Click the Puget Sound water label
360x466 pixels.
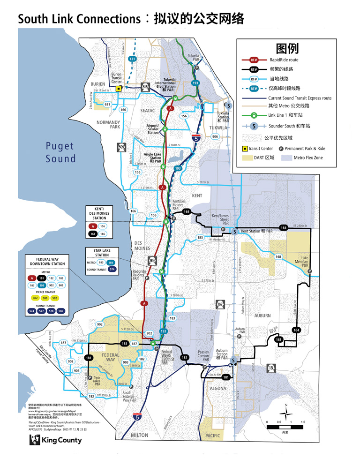point(60,152)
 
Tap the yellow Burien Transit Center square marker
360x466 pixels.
point(119,88)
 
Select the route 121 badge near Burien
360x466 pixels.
point(132,59)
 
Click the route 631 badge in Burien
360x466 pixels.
point(107,104)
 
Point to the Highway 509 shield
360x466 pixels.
point(121,147)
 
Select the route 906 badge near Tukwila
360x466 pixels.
point(215,136)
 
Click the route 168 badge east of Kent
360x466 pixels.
point(278,256)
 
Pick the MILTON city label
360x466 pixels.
point(139,435)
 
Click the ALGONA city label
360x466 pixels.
point(218,389)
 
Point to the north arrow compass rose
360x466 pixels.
point(286,412)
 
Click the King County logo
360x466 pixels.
point(55,440)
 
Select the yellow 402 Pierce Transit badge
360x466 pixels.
point(35,298)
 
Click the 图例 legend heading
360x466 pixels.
point(287,49)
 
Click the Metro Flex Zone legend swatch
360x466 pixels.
point(287,158)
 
